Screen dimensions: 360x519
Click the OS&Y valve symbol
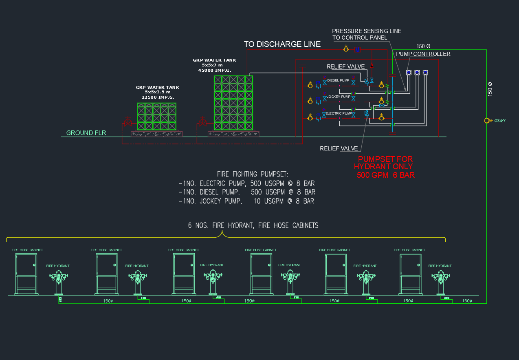point(486,121)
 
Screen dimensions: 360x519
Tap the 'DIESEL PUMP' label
point(338,80)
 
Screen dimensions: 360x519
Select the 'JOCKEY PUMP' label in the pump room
point(339,97)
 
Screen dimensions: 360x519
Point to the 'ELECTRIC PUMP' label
point(339,113)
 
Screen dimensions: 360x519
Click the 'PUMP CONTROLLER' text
point(423,54)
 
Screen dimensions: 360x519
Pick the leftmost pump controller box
point(409,73)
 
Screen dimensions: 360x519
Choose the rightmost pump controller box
point(425,73)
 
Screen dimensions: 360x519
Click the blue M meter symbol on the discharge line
point(357,49)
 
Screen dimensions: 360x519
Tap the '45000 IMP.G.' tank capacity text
point(214,70)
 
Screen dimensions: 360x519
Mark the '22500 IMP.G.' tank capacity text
point(158,97)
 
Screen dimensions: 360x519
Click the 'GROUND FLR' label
point(86,133)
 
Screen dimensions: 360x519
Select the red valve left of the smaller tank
point(128,122)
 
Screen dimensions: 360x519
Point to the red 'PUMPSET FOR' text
point(385,159)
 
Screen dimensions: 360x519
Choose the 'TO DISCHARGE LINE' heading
point(282,44)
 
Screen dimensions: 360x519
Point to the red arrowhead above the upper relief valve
point(371,65)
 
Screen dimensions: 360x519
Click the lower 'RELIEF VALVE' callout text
point(339,149)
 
